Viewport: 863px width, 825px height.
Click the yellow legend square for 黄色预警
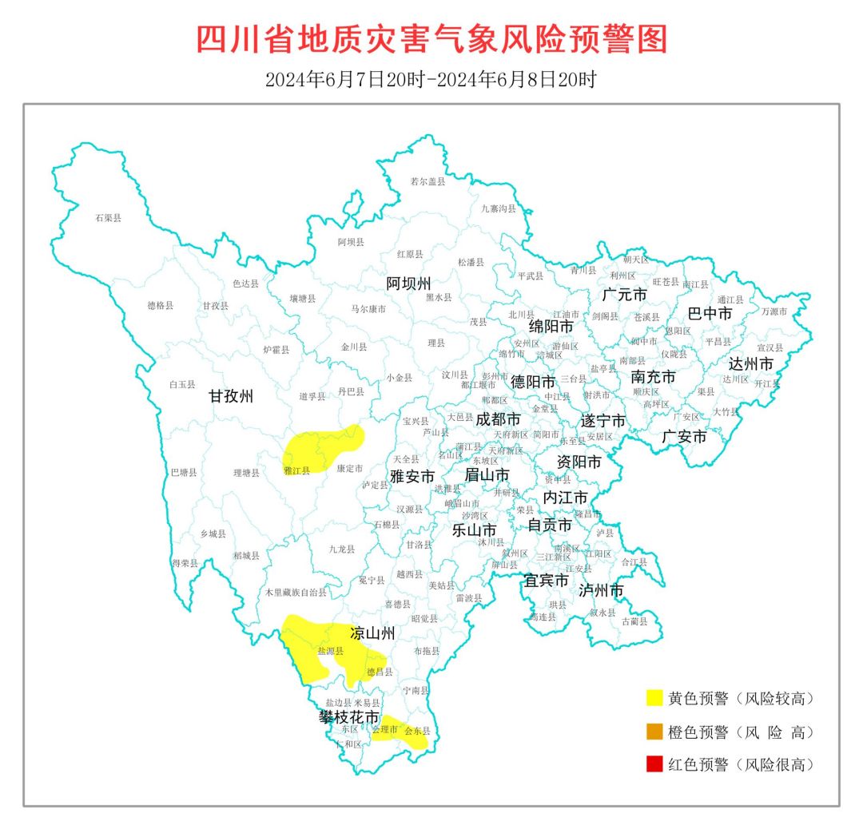click(x=657, y=698)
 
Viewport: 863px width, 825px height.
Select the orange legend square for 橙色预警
click(x=657, y=732)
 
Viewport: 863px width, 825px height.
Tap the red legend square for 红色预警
click(x=657, y=764)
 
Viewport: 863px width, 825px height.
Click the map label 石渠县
click(x=108, y=217)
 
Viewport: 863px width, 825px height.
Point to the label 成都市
click(x=498, y=418)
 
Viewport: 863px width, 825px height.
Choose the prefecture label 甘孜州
click(x=231, y=396)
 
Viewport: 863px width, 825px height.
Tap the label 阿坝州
click(x=408, y=284)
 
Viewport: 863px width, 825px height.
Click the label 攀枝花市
click(x=349, y=718)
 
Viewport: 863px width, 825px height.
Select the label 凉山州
click(x=373, y=634)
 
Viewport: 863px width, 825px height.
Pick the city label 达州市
click(x=751, y=363)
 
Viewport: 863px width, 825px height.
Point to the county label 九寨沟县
click(x=498, y=208)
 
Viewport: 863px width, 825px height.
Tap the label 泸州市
click(x=601, y=591)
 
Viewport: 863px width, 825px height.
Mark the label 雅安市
click(x=412, y=476)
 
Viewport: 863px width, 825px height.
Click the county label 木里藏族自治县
click(x=296, y=593)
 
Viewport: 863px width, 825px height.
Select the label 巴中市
click(x=710, y=314)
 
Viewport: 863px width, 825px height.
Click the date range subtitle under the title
click(x=431, y=80)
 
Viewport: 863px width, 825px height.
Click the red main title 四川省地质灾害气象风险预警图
click(x=431, y=39)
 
